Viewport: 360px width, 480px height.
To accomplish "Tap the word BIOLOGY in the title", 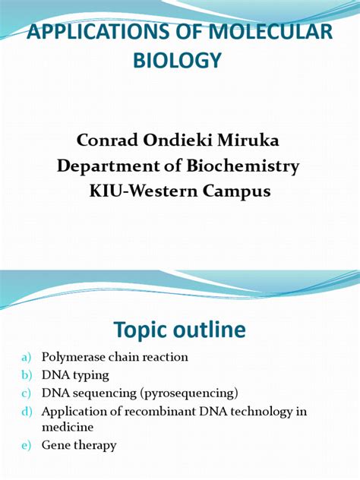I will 179,60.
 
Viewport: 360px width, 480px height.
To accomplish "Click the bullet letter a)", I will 27,357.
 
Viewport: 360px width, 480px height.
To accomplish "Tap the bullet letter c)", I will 27,393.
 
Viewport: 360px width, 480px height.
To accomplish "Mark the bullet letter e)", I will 27,446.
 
